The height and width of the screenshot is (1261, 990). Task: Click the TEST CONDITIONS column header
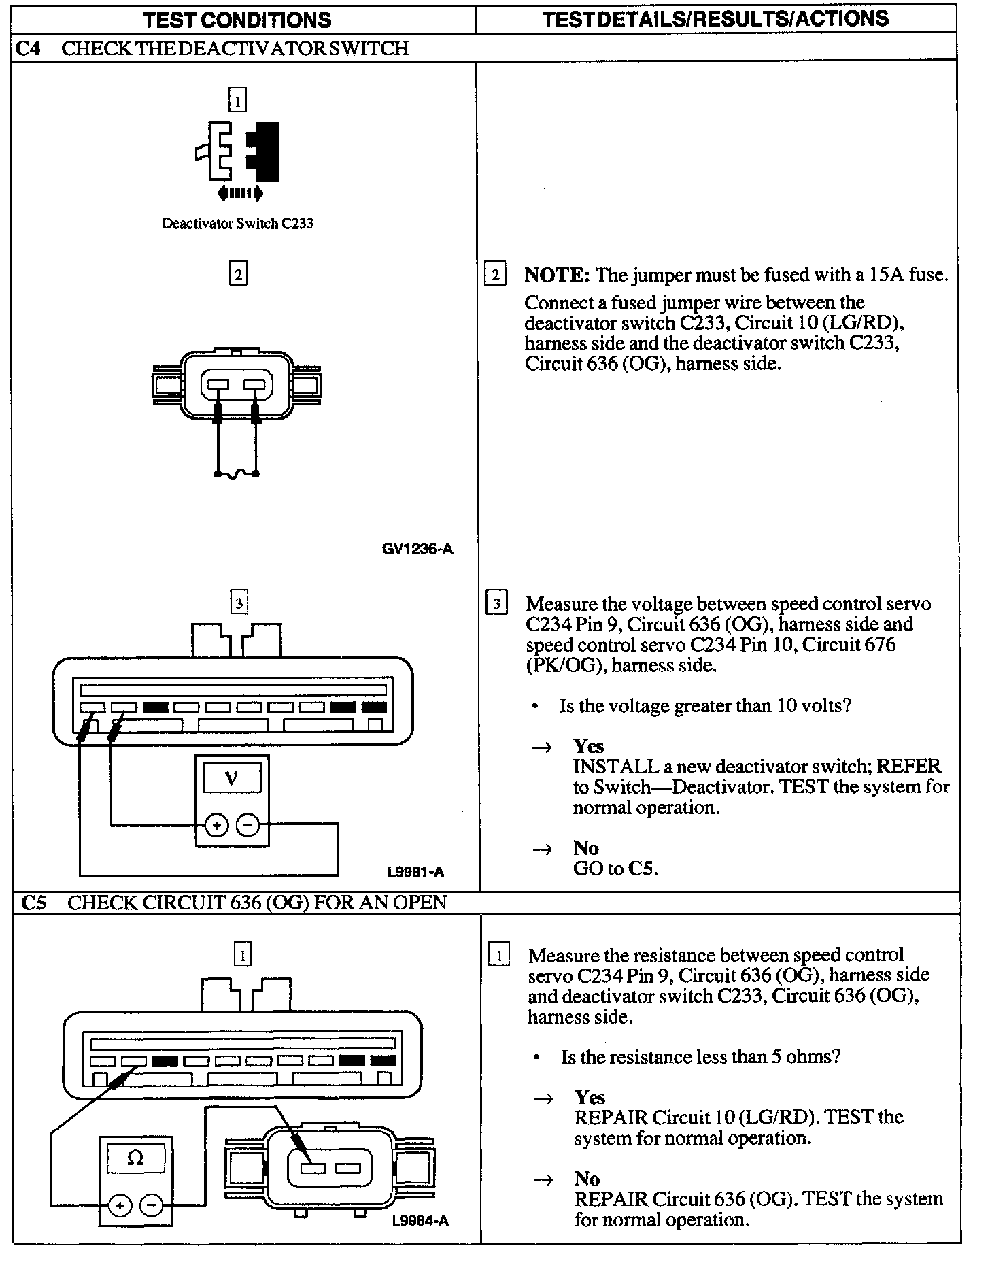pos(237,19)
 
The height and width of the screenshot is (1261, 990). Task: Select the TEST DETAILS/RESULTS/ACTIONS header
pos(716,18)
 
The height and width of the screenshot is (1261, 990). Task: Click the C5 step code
pos(33,903)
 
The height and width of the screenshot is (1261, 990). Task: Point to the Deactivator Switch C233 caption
pos(237,223)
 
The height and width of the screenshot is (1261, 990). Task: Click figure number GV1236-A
pos(417,549)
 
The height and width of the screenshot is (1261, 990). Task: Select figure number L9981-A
pos(415,871)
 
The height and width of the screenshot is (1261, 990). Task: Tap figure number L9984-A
pos(420,1220)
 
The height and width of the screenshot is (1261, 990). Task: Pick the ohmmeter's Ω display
pos(135,1158)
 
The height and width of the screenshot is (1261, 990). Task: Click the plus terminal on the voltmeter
pos(217,826)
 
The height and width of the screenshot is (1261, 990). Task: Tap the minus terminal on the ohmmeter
pos(151,1206)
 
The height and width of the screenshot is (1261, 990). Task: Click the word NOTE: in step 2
pos(556,275)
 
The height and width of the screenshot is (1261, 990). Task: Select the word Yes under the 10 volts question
pos(588,746)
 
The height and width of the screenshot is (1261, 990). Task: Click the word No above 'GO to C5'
pos(585,847)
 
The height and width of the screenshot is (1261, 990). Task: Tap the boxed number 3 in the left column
pos(239,603)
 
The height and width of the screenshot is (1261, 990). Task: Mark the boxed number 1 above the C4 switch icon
pos(237,101)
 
